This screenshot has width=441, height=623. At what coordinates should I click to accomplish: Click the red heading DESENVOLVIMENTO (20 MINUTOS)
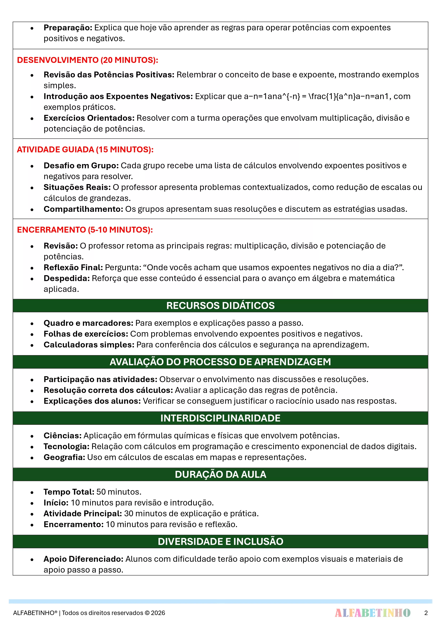tap(87, 60)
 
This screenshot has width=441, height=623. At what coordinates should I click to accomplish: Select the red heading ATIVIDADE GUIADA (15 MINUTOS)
tap(85, 149)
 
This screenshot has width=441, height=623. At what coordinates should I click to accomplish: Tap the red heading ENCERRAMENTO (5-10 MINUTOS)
tap(85, 230)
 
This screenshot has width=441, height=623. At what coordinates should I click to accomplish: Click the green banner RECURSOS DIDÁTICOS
tap(220, 306)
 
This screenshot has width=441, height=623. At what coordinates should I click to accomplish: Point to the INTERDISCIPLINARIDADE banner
tap(220, 418)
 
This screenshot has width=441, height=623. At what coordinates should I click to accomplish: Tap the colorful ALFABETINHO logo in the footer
tap(372, 613)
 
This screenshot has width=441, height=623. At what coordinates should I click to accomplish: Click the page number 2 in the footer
tap(426, 613)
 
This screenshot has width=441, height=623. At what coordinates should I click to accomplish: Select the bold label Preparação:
tap(68, 28)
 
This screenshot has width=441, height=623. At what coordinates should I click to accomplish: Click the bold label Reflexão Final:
tap(73, 268)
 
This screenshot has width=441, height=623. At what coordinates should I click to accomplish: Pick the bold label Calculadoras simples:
tap(89, 345)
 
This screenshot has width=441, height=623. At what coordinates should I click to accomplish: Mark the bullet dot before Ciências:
tap(32, 436)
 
